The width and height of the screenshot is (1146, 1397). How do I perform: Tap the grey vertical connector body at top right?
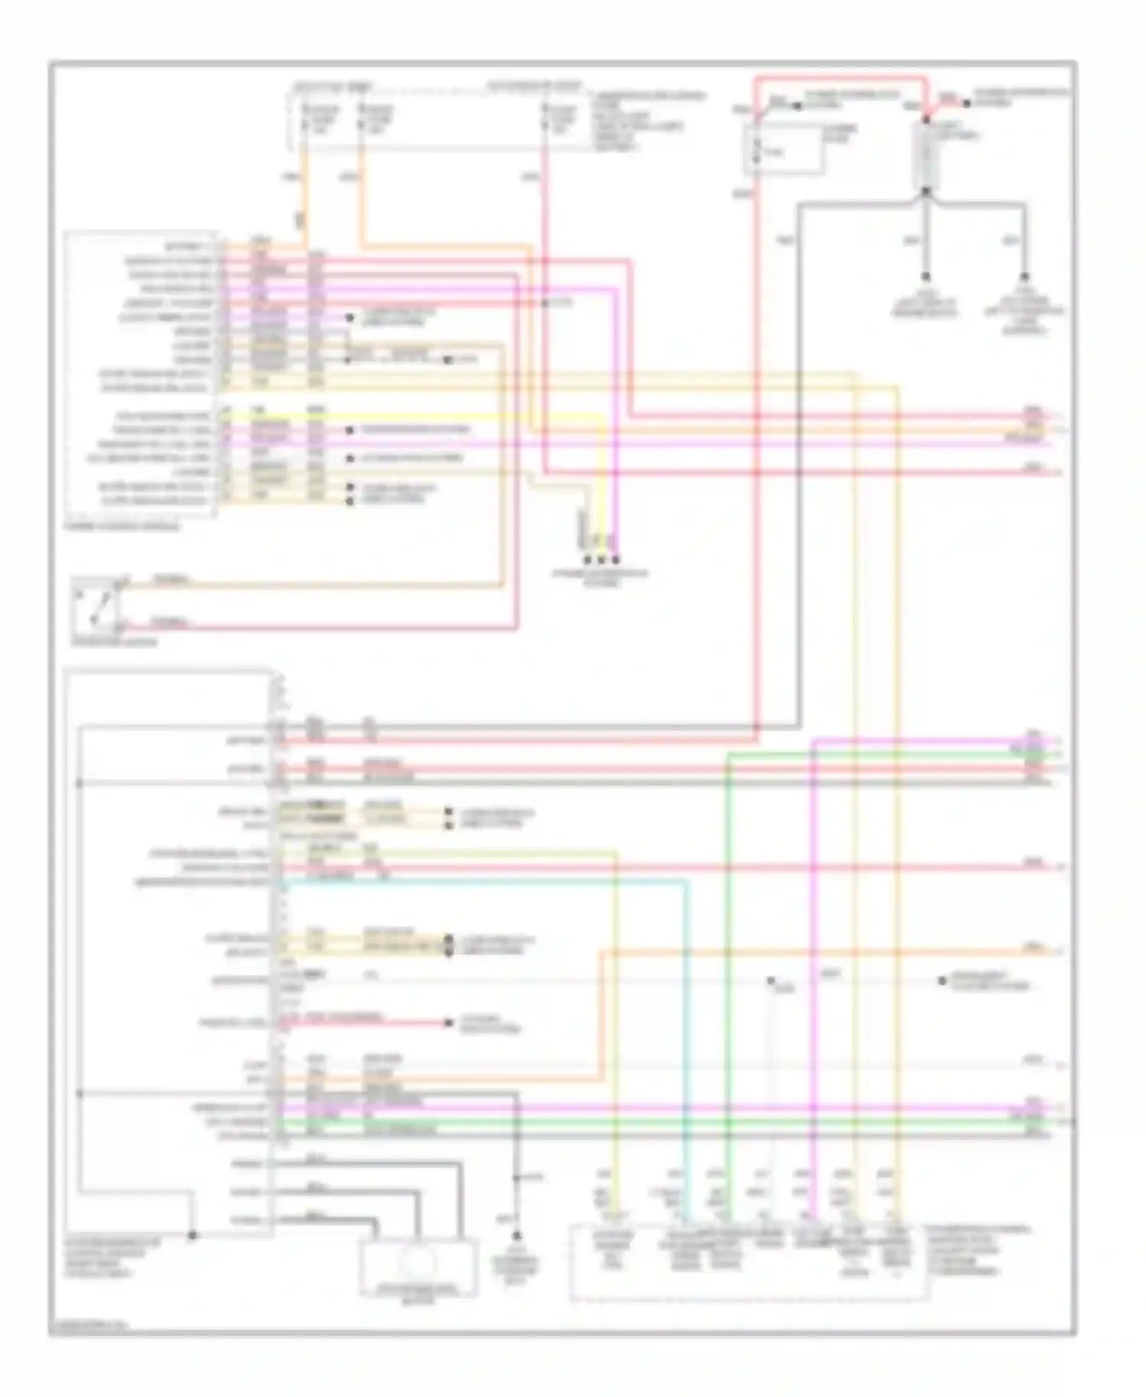coord(925,154)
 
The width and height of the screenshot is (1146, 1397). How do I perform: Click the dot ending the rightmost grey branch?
coord(1024,277)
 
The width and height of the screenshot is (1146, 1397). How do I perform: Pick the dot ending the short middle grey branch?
coord(925,277)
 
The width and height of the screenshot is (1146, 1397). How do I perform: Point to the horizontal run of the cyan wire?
coord(481,880)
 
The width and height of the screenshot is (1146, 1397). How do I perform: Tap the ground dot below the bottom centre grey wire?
coord(516,1235)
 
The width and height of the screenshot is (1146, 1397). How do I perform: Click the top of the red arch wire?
coord(840,77)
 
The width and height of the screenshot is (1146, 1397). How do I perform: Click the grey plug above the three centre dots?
coord(584,527)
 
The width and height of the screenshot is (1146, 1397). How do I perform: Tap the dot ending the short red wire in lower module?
coord(448,1023)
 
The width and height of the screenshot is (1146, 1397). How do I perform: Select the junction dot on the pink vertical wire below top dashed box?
coord(545,303)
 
